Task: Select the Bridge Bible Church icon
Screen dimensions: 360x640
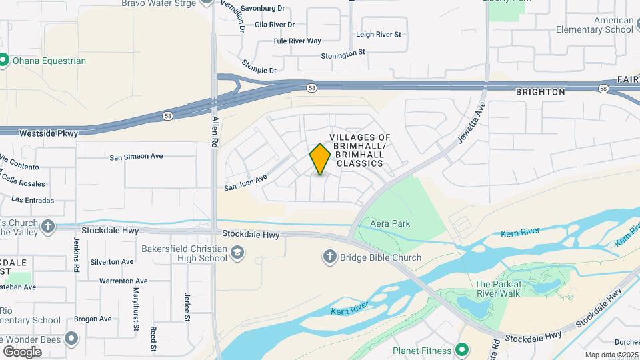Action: click(x=329, y=257)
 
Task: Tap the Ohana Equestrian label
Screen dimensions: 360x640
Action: click(x=48, y=61)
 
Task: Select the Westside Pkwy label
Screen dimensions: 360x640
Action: click(x=49, y=133)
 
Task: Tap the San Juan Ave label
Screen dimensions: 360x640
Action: click(x=245, y=182)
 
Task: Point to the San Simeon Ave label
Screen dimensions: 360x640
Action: click(x=136, y=157)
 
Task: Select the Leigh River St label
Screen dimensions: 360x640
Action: click(x=379, y=34)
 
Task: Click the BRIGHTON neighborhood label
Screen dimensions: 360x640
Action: click(x=541, y=92)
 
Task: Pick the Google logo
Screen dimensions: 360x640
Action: click(x=22, y=351)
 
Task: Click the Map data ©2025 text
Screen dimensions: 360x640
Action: click(x=611, y=355)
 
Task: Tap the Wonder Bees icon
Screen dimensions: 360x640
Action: click(x=72, y=339)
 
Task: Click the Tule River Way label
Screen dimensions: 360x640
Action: click(x=297, y=41)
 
